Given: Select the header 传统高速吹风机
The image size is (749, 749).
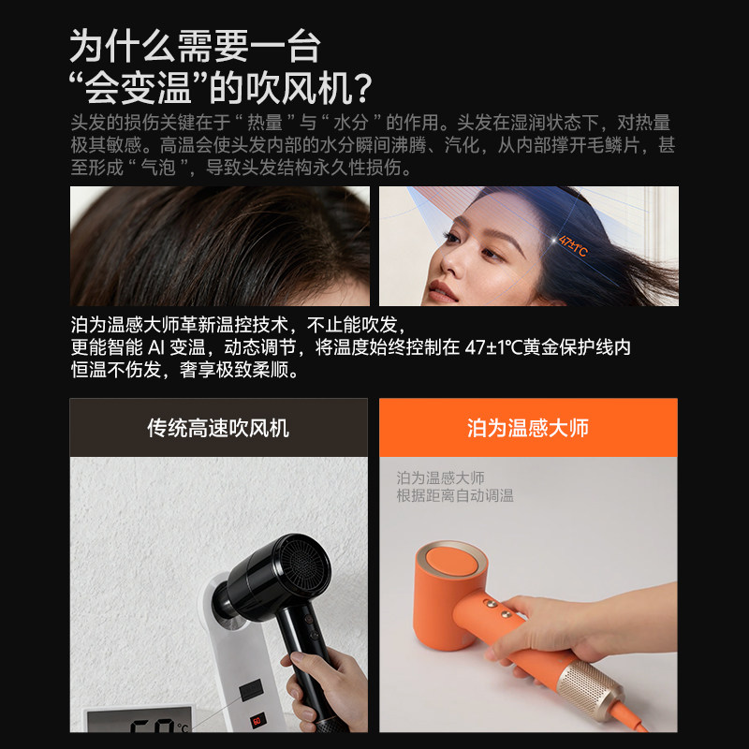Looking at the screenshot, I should click(x=218, y=428).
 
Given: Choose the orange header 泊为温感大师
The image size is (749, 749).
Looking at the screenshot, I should click(x=528, y=428).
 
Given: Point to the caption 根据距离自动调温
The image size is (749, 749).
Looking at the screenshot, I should click(x=455, y=496).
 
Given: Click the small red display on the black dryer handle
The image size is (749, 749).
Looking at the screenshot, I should click(x=257, y=721).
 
